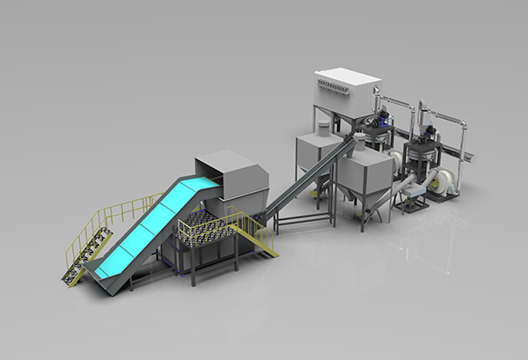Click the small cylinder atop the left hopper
point(323,129)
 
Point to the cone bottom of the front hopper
point(366,199)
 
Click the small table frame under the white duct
point(408,201)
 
